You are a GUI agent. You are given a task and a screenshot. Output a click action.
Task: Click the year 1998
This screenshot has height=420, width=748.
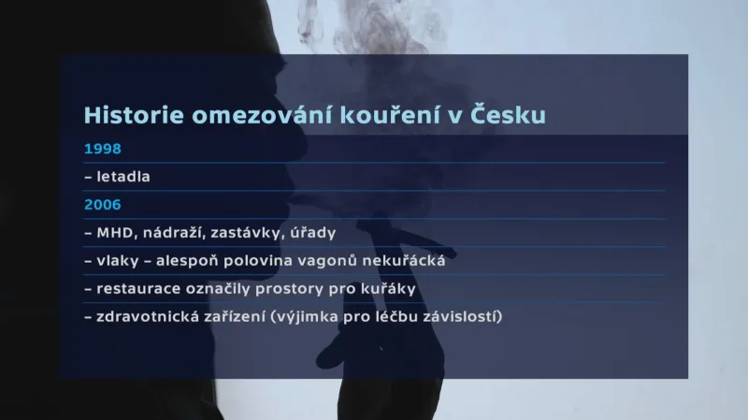103,149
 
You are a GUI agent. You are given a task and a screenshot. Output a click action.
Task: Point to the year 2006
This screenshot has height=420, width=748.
103,204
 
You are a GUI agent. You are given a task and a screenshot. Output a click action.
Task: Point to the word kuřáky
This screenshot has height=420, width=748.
386,288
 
